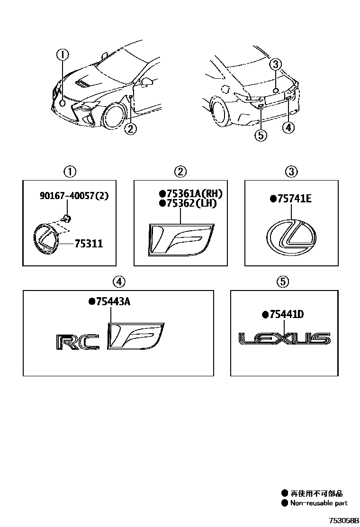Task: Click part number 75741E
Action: (290, 200)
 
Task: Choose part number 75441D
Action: (283, 314)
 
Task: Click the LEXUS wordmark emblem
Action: (284, 339)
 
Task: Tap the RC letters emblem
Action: (78, 342)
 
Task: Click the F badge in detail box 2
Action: (180, 239)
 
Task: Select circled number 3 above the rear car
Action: (277, 64)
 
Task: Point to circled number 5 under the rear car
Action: (261, 136)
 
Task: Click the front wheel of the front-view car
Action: (113, 117)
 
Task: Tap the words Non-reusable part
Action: (319, 503)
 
